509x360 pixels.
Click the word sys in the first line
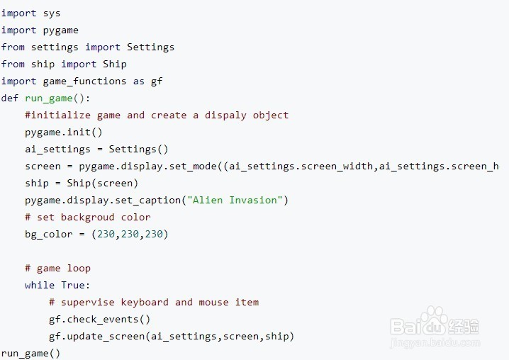click(x=51, y=13)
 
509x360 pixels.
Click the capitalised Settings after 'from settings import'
click(x=150, y=47)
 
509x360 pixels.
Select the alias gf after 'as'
click(x=157, y=81)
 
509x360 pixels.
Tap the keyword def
click(x=10, y=98)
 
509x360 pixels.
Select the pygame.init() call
click(x=64, y=132)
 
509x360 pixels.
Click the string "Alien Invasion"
click(x=235, y=200)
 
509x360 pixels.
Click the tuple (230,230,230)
click(x=130, y=234)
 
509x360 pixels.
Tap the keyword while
click(x=40, y=285)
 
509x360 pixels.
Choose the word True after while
click(x=75, y=285)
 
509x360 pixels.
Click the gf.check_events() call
click(x=100, y=319)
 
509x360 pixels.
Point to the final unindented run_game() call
click(x=30, y=353)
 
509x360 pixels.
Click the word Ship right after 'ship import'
click(x=115, y=64)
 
